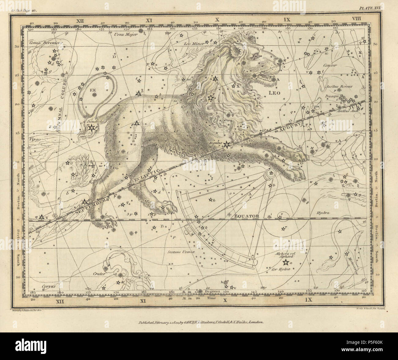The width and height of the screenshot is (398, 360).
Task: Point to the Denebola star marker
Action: point(91,128)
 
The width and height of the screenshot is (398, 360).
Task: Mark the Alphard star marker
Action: point(285,262)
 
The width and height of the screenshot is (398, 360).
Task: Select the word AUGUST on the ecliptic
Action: point(288,126)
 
